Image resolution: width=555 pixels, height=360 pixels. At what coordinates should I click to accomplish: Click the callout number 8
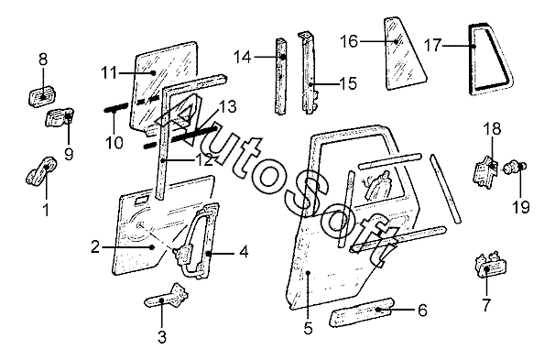pyautogui.click(x=43, y=60)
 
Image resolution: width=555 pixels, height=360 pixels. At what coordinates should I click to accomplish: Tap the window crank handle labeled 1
pyautogui.click(x=42, y=170)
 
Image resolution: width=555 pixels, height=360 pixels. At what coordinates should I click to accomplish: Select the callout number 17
pyautogui.click(x=432, y=45)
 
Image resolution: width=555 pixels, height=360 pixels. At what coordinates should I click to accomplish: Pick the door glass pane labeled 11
pyautogui.click(x=163, y=85)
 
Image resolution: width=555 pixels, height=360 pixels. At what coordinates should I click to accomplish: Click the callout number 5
pyautogui.click(x=309, y=329)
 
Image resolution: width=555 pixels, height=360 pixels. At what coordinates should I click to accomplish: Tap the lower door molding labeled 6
pyautogui.click(x=362, y=312)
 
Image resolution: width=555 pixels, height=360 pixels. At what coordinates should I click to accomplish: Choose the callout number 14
pyautogui.click(x=243, y=57)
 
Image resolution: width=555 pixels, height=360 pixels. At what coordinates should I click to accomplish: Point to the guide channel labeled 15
pyautogui.click(x=308, y=72)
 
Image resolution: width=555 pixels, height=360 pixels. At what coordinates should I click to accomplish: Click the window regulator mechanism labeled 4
pyautogui.click(x=197, y=241)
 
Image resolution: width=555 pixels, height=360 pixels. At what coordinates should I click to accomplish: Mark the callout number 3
pyautogui.click(x=162, y=337)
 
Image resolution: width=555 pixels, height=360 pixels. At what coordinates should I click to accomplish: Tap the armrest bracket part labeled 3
pyautogui.click(x=167, y=297)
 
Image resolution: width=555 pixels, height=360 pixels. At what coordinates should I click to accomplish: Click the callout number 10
pyautogui.click(x=114, y=143)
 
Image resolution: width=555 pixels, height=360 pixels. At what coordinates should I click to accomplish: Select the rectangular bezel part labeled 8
pyautogui.click(x=43, y=95)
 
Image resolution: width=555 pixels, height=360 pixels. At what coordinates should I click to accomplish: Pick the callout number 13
pyautogui.click(x=227, y=106)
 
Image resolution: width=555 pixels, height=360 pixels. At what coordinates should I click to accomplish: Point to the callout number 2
pyautogui.click(x=95, y=246)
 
